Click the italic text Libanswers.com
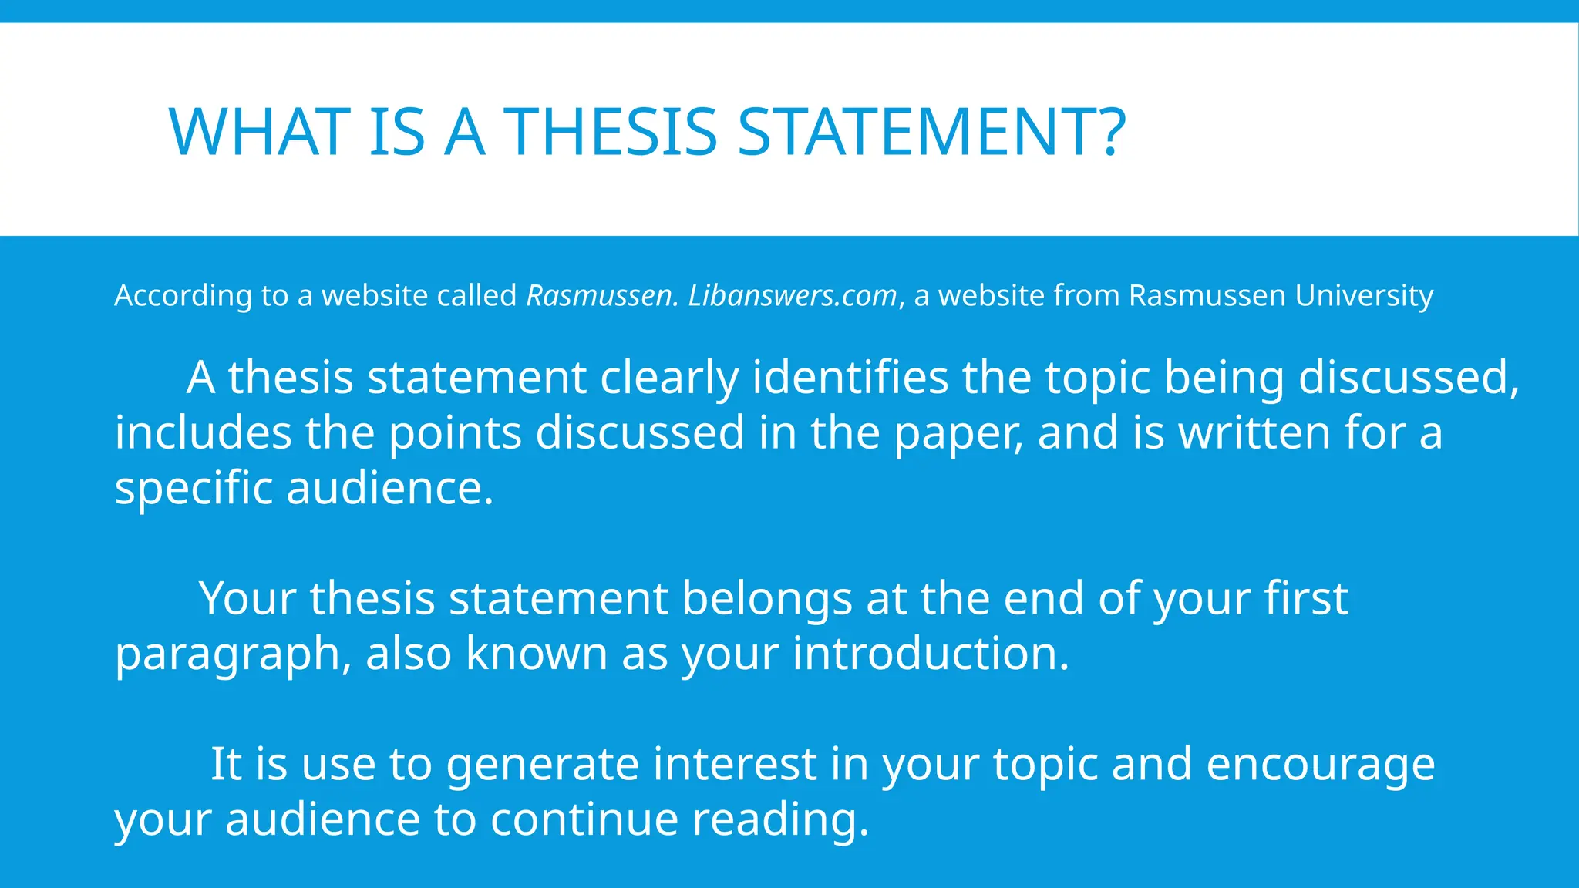pos(793,296)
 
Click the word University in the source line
pos(1364,296)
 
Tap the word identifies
pos(850,378)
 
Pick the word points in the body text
pos(455,433)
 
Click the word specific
pos(194,489)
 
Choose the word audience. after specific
pos(389,489)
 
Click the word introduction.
pos(931,654)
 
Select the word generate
pos(543,765)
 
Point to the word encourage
pos(1320,765)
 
